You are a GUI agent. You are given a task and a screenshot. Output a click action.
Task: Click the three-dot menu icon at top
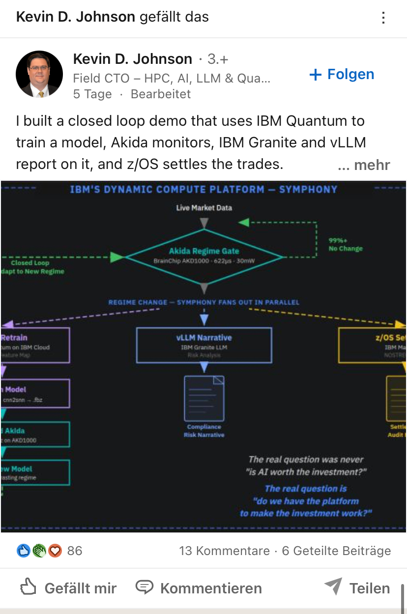click(383, 18)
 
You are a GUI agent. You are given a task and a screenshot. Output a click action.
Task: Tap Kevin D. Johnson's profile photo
click(39, 74)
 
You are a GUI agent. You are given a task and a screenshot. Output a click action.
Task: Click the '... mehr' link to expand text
click(364, 165)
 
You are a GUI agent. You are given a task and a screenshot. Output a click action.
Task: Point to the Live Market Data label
click(204, 208)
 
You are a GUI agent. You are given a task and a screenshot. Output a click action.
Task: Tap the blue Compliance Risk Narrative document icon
click(204, 398)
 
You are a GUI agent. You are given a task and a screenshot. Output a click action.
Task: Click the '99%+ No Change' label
click(346, 245)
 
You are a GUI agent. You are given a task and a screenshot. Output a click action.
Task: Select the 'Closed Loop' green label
click(30, 263)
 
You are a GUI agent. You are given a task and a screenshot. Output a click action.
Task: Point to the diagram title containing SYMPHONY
click(203, 189)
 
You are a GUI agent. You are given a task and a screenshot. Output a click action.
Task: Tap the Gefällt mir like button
click(69, 588)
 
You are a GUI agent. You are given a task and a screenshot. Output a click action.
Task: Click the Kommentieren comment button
click(199, 588)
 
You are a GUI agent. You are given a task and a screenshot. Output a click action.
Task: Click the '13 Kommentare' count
click(224, 551)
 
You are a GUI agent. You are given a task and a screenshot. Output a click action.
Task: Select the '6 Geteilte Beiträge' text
click(336, 551)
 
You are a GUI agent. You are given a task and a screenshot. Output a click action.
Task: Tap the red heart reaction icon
click(55, 551)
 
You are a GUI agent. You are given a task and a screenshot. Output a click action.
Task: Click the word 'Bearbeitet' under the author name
click(161, 94)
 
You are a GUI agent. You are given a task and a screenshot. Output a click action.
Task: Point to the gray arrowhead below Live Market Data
click(204, 223)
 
